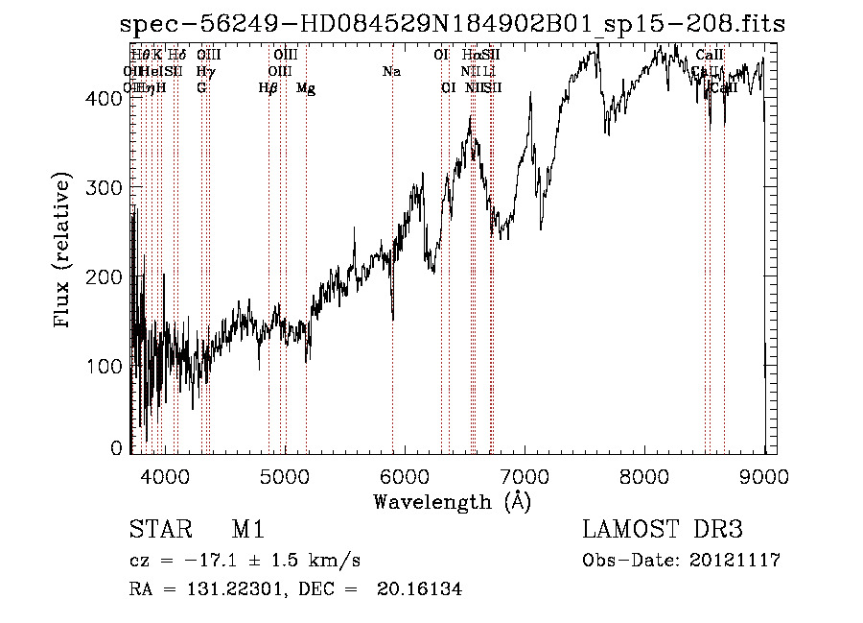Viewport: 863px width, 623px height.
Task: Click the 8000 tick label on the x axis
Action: (x=644, y=473)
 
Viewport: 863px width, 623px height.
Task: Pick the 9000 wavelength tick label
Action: (x=764, y=473)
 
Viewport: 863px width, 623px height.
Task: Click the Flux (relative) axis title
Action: (x=64, y=252)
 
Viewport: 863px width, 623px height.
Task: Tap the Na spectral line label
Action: (x=391, y=71)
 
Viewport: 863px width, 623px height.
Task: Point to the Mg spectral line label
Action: (x=306, y=88)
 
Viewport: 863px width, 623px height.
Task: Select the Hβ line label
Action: (x=268, y=88)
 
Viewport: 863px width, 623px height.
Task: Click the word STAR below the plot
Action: (x=156, y=530)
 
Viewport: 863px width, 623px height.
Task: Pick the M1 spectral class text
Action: (x=247, y=530)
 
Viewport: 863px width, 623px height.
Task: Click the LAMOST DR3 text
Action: (x=663, y=530)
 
